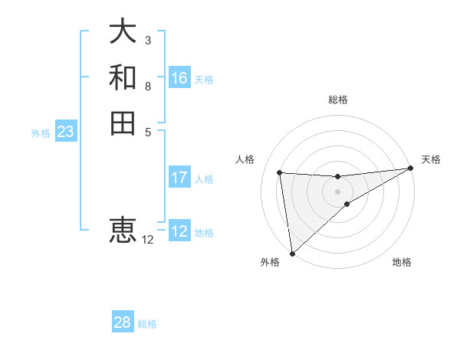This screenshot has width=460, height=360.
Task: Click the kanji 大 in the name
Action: pyautogui.click(x=123, y=32)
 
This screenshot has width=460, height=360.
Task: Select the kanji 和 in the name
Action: pyautogui.click(x=123, y=77)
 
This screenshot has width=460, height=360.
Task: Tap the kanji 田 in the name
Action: pyautogui.click(x=123, y=123)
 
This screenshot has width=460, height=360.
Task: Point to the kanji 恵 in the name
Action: pyautogui.click(x=123, y=229)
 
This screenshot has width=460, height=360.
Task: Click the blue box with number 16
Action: pyautogui.click(x=179, y=78)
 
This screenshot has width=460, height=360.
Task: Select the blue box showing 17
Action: pyautogui.click(x=179, y=178)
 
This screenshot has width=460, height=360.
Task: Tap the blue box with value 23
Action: pyautogui.click(x=65, y=132)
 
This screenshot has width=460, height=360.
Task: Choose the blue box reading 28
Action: pyautogui.click(x=123, y=322)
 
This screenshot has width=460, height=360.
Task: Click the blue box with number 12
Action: pyautogui.click(x=179, y=231)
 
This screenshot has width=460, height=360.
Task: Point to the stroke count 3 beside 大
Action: pyautogui.click(x=147, y=40)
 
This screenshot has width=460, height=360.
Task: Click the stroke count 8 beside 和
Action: pyautogui.click(x=147, y=86)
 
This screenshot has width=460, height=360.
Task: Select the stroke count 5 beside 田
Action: pyautogui.click(x=147, y=131)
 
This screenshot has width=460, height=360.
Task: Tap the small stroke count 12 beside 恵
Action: pyautogui.click(x=147, y=240)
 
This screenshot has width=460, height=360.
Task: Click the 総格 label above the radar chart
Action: pyautogui.click(x=338, y=100)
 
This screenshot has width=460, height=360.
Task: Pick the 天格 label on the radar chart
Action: pyautogui.click(x=431, y=159)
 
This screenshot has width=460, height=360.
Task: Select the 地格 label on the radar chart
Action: pyautogui.click(x=402, y=262)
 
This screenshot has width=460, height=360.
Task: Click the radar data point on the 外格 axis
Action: pyautogui.click(x=292, y=254)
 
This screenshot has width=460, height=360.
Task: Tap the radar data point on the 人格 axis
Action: pyautogui.click(x=280, y=172)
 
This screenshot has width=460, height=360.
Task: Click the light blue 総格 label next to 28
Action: pyautogui.click(x=147, y=324)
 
